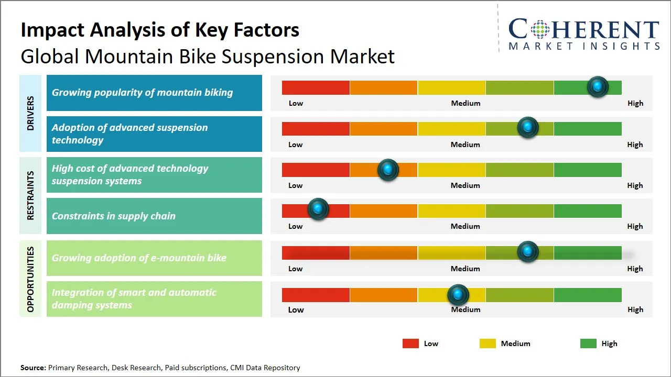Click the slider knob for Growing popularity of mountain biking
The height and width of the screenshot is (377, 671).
pos(598,87)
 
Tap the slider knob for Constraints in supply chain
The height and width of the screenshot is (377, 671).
pos(318,208)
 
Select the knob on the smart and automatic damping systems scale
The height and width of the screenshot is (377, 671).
pos(458,295)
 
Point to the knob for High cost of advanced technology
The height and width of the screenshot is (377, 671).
pos(388,169)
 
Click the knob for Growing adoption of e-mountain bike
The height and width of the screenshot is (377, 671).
pos(527,252)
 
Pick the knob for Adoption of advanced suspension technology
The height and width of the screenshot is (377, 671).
pos(527,128)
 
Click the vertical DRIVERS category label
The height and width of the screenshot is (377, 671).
pos(30,113)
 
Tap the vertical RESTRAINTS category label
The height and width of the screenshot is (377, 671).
pos(30,195)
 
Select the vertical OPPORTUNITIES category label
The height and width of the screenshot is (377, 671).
pos(30,279)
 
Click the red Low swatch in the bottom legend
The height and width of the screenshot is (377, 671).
pos(410,343)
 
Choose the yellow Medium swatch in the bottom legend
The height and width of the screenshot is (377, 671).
pos(488,343)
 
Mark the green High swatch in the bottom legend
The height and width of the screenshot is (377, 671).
pos(588,343)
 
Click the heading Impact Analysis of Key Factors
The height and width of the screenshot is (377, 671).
pos(160,30)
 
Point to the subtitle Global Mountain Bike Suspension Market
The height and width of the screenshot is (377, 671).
pos(208,57)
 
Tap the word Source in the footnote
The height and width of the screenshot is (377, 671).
pos(33,368)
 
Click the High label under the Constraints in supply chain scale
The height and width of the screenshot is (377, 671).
pos(635,226)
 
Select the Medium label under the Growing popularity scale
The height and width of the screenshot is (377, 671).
pos(466,103)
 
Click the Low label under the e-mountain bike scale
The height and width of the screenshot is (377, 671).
pos(295,269)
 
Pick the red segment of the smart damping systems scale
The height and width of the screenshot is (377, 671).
pos(316,295)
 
